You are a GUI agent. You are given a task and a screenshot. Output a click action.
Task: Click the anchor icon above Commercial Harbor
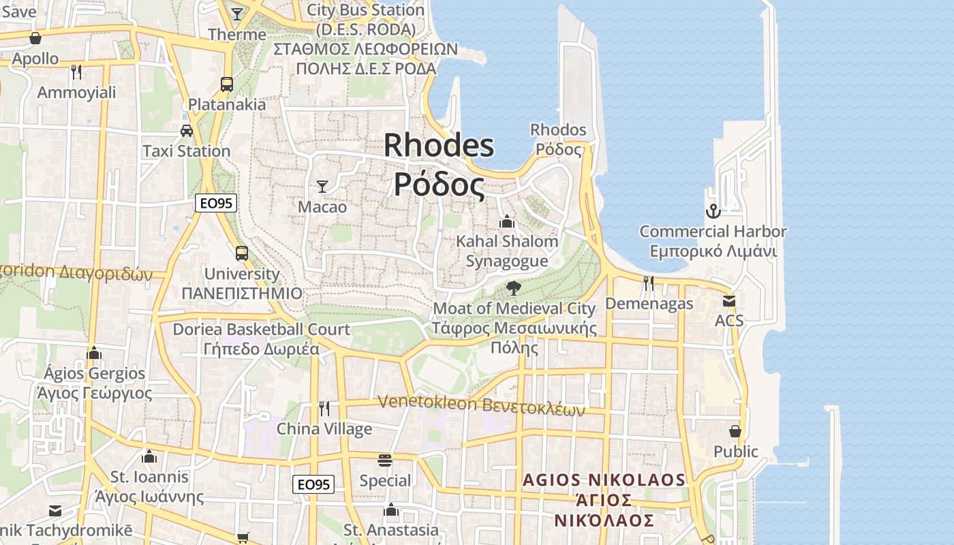(713, 211)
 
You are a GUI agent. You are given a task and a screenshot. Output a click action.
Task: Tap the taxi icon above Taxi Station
(186, 130)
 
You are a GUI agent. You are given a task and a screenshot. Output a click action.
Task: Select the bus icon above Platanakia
(227, 84)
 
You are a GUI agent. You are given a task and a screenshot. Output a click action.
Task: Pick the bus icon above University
(242, 253)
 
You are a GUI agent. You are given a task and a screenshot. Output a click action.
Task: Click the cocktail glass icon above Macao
(322, 186)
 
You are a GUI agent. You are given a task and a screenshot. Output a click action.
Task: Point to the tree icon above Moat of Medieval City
(514, 288)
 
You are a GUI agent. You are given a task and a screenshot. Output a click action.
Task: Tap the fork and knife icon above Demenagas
(649, 283)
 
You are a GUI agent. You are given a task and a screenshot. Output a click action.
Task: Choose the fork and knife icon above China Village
(324, 408)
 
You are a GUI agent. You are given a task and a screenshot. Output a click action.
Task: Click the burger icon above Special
(385, 461)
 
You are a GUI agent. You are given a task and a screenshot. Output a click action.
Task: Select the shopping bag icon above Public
(735, 431)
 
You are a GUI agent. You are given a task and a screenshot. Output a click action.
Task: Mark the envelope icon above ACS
(729, 300)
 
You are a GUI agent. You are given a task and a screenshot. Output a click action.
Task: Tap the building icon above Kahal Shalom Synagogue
(506, 221)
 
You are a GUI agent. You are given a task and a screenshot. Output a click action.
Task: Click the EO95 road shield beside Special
(313, 484)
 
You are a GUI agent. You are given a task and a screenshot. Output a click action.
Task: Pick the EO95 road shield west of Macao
(216, 202)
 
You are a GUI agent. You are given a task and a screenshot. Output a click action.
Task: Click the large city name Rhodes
(439, 145)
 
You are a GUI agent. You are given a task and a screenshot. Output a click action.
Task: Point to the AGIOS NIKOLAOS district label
(604, 480)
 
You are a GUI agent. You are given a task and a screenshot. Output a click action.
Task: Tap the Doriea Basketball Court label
(262, 329)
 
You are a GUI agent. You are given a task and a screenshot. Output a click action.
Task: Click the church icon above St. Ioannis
(149, 456)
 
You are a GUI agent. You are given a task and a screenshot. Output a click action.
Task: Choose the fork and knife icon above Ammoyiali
(76, 72)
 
